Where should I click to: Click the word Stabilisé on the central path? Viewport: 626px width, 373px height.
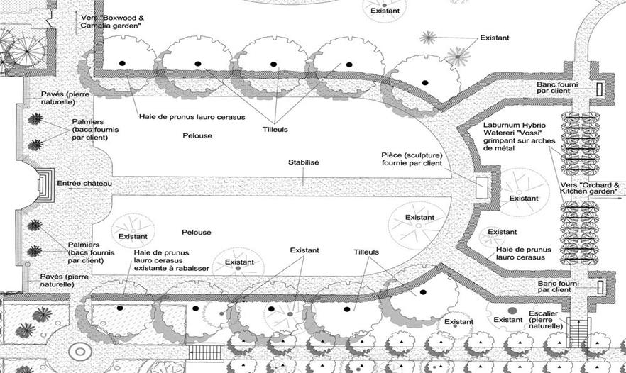point(303,163)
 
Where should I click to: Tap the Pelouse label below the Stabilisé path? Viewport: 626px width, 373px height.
point(197,233)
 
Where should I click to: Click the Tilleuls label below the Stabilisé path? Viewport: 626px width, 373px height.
point(367,252)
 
